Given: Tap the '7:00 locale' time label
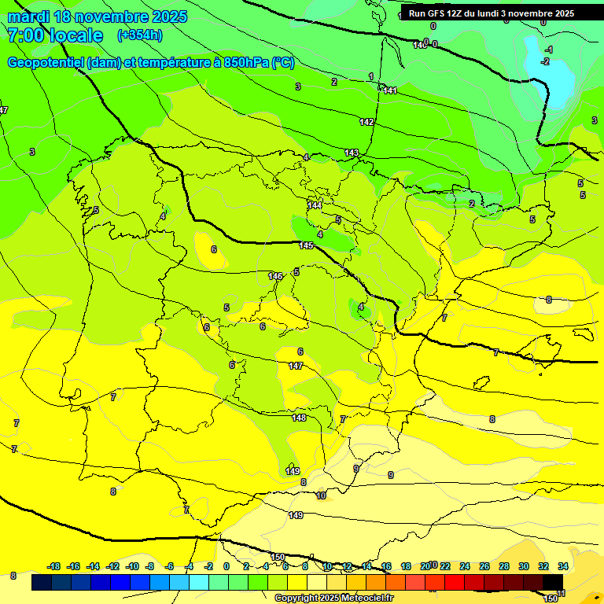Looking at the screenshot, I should click(55, 35).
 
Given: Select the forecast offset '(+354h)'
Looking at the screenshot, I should click(140, 35).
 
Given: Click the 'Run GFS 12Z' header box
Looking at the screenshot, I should click(491, 13).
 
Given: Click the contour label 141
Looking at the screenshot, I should click(389, 90).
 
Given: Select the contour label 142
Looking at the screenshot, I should click(366, 122).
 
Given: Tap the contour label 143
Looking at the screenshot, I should click(352, 153).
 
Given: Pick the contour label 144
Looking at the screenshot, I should click(315, 205).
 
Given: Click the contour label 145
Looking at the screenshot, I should click(307, 246).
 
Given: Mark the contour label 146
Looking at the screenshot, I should click(275, 276).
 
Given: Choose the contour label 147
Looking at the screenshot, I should click(296, 366).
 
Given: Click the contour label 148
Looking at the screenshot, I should click(300, 418).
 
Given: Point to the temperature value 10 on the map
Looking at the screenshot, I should click(321, 495).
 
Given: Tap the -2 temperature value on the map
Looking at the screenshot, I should click(545, 61).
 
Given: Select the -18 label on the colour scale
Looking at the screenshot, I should click(54, 566).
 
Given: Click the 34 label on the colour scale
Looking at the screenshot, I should click(563, 566).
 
